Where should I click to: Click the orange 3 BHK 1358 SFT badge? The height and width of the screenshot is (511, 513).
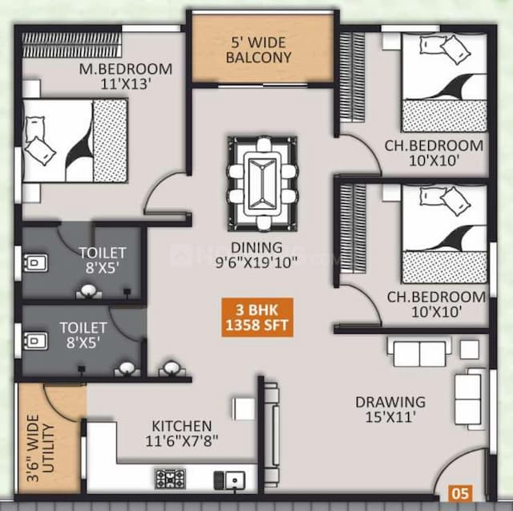click(x=258, y=317)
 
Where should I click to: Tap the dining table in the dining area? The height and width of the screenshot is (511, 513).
click(x=262, y=184)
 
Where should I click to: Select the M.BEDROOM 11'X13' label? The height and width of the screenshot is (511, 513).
click(x=126, y=75)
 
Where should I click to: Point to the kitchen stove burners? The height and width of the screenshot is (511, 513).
click(x=170, y=479)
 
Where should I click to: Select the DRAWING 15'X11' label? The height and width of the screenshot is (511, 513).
click(x=390, y=409)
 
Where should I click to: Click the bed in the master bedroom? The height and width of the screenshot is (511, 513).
click(x=75, y=141)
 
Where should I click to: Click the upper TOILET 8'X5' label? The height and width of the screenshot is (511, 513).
click(x=102, y=262)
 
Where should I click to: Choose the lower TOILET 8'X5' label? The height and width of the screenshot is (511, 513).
click(x=83, y=335)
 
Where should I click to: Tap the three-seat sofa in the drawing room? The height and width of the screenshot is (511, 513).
click(x=418, y=351)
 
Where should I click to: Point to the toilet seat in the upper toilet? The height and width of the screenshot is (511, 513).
click(x=36, y=263)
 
